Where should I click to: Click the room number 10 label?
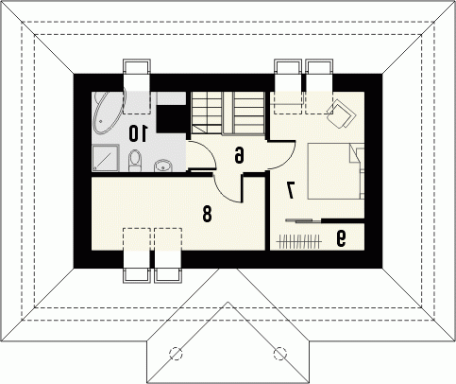(138, 133)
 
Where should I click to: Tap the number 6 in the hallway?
(240, 155)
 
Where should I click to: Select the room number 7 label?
(290, 190)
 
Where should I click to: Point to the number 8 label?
(207, 214)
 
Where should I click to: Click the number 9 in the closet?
(341, 238)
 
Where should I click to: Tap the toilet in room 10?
(135, 161)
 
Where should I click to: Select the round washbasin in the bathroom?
(162, 166)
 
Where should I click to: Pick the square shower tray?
(106, 158)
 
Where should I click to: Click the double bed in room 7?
(335, 171)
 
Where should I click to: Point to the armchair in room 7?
(341, 113)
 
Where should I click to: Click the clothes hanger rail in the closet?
(299, 242)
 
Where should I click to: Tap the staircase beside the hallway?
(228, 113)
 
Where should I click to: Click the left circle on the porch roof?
(176, 353)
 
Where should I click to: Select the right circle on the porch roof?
(279, 353)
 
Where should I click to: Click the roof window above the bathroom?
(136, 86)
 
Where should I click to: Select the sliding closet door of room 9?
(304, 220)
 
